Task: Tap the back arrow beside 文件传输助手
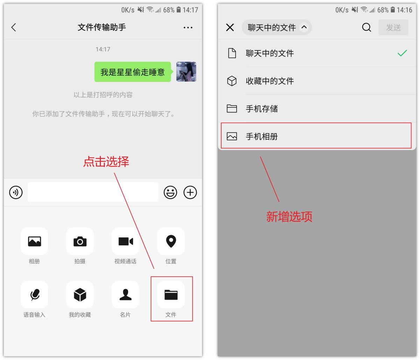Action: (x=14, y=27)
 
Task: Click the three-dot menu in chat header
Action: (x=188, y=27)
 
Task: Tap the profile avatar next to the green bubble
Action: (x=186, y=71)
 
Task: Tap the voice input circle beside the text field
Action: (x=16, y=192)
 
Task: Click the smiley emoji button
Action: (x=170, y=192)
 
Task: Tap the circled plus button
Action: (x=190, y=192)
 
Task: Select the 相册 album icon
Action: (x=34, y=241)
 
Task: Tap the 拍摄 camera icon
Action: (x=80, y=241)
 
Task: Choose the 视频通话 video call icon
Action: (x=125, y=241)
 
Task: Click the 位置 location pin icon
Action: (x=171, y=241)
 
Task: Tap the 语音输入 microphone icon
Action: (x=34, y=295)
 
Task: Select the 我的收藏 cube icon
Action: (x=80, y=295)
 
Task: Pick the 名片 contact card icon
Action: (x=125, y=295)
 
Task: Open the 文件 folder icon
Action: (x=171, y=295)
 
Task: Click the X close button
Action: (x=230, y=27)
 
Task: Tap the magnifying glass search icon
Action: (x=366, y=27)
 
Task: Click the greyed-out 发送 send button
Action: (x=393, y=27)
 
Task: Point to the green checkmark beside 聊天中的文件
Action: (x=402, y=53)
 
